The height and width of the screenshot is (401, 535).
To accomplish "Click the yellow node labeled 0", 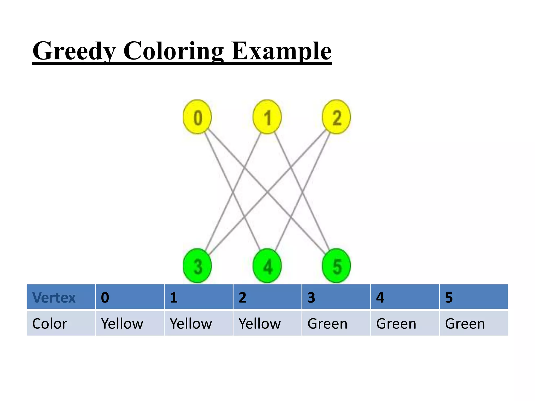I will [197, 117].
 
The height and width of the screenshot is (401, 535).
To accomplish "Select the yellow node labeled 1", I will [267, 117].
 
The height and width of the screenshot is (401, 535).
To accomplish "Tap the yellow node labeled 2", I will [336, 117].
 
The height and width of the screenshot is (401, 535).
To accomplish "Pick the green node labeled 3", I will [197, 266].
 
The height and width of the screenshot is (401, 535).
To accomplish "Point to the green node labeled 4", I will [267, 266].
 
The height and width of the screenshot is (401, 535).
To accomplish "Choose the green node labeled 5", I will [336, 266].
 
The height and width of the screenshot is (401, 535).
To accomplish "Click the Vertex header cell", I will [61, 297].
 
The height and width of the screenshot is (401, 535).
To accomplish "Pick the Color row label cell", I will [61, 323].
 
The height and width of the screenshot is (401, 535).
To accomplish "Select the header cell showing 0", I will [130, 297].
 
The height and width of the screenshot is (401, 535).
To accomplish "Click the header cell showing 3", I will [336, 297].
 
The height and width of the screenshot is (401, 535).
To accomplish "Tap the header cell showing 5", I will [474, 297].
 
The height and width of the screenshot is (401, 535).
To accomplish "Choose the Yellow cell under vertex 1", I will [199, 323].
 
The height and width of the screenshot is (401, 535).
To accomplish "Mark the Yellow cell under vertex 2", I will [267, 323].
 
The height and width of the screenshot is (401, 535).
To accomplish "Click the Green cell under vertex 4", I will [405, 323].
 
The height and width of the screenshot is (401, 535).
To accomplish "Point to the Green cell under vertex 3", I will [336, 323].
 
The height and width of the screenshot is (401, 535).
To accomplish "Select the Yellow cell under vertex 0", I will [130, 323].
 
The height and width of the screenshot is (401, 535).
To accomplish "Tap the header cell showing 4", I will [405, 297].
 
